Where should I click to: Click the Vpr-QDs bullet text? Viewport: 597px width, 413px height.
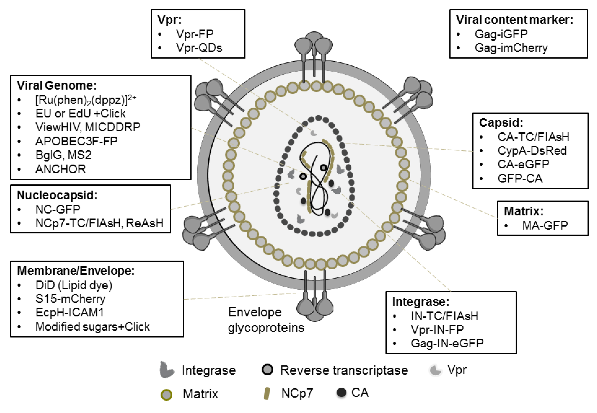pos(199,48)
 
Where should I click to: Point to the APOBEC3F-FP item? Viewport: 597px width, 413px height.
pos(76,141)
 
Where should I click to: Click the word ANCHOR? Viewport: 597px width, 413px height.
pos(60,169)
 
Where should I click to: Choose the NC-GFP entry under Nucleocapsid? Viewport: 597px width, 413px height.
pos(58,209)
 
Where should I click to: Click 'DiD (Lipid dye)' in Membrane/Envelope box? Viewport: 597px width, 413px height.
pos(74,285)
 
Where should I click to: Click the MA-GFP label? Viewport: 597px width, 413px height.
pos(545,225)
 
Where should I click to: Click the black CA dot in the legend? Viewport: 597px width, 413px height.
pos(341,393)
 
